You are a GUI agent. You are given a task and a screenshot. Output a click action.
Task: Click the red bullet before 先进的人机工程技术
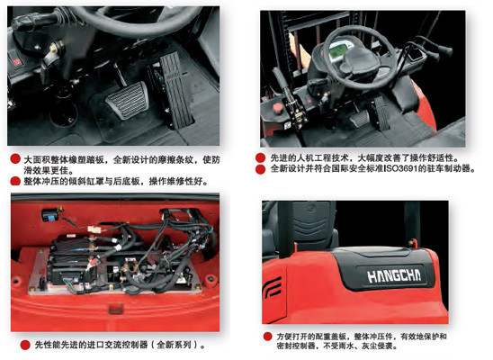262,155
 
